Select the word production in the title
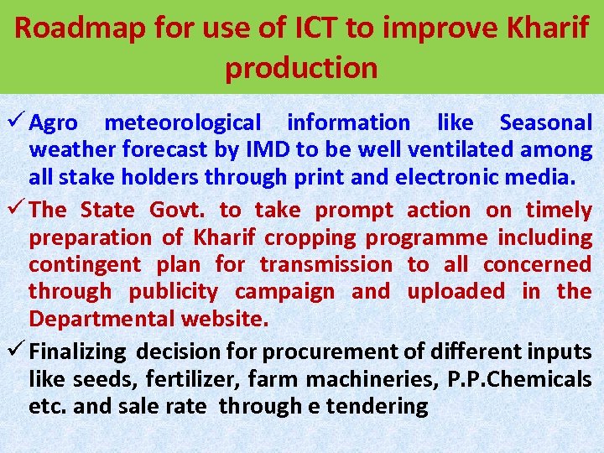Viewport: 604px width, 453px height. (x=301, y=68)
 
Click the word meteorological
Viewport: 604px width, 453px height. (x=182, y=123)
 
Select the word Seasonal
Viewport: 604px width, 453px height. (x=545, y=123)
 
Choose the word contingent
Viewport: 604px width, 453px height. (x=85, y=265)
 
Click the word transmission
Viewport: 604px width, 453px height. (x=325, y=265)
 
